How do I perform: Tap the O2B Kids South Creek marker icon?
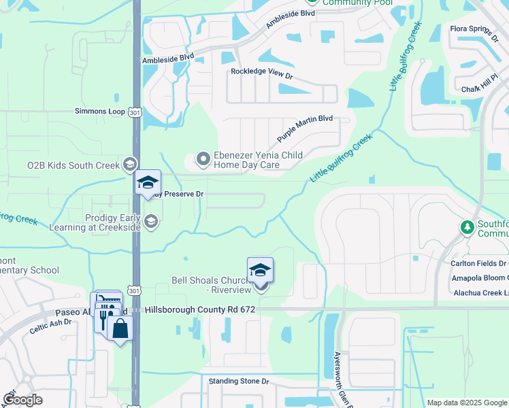click(129, 165)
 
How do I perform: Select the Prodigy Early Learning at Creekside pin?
click(151, 220)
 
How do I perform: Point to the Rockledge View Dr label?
click(261, 71)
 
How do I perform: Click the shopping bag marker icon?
click(120, 328)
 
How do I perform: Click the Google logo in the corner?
click(22, 399)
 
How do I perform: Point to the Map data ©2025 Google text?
click(466, 403)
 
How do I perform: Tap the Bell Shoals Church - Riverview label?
click(208, 284)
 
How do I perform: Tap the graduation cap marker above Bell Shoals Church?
click(260, 271)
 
